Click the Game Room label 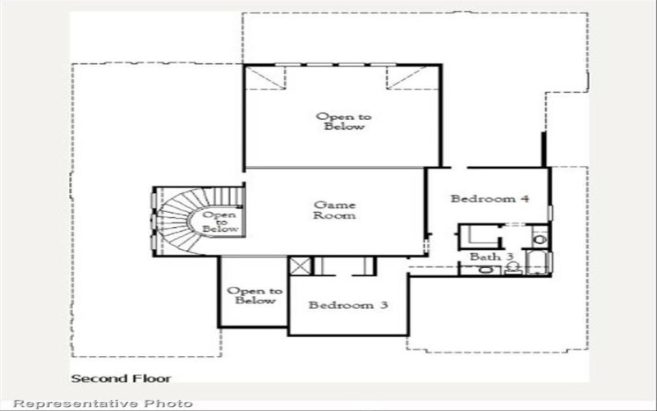point(335,210)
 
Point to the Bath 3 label point(491,257)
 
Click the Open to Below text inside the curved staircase point(220,222)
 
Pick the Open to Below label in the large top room point(343,122)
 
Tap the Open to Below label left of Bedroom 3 point(255,295)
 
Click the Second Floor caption point(121,379)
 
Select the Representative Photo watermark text point(104,403)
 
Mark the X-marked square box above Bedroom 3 point(300,266)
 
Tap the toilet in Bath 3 point(512,267)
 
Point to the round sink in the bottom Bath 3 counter point(485,269)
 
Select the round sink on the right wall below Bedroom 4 point(539,239)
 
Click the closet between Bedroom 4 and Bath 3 point(480,236)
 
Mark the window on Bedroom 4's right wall point(550,212)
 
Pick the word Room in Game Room point(335,215)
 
